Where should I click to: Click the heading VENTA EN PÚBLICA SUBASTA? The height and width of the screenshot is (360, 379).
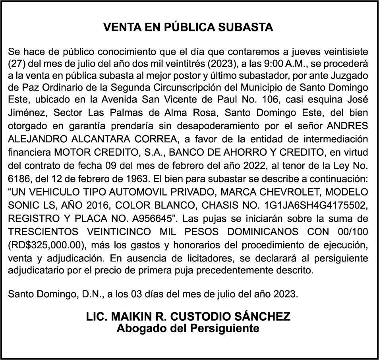188,27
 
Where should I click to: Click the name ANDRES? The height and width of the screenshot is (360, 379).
347,126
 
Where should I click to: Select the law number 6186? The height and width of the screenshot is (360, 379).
18,178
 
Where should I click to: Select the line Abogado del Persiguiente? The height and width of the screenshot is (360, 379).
188,329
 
